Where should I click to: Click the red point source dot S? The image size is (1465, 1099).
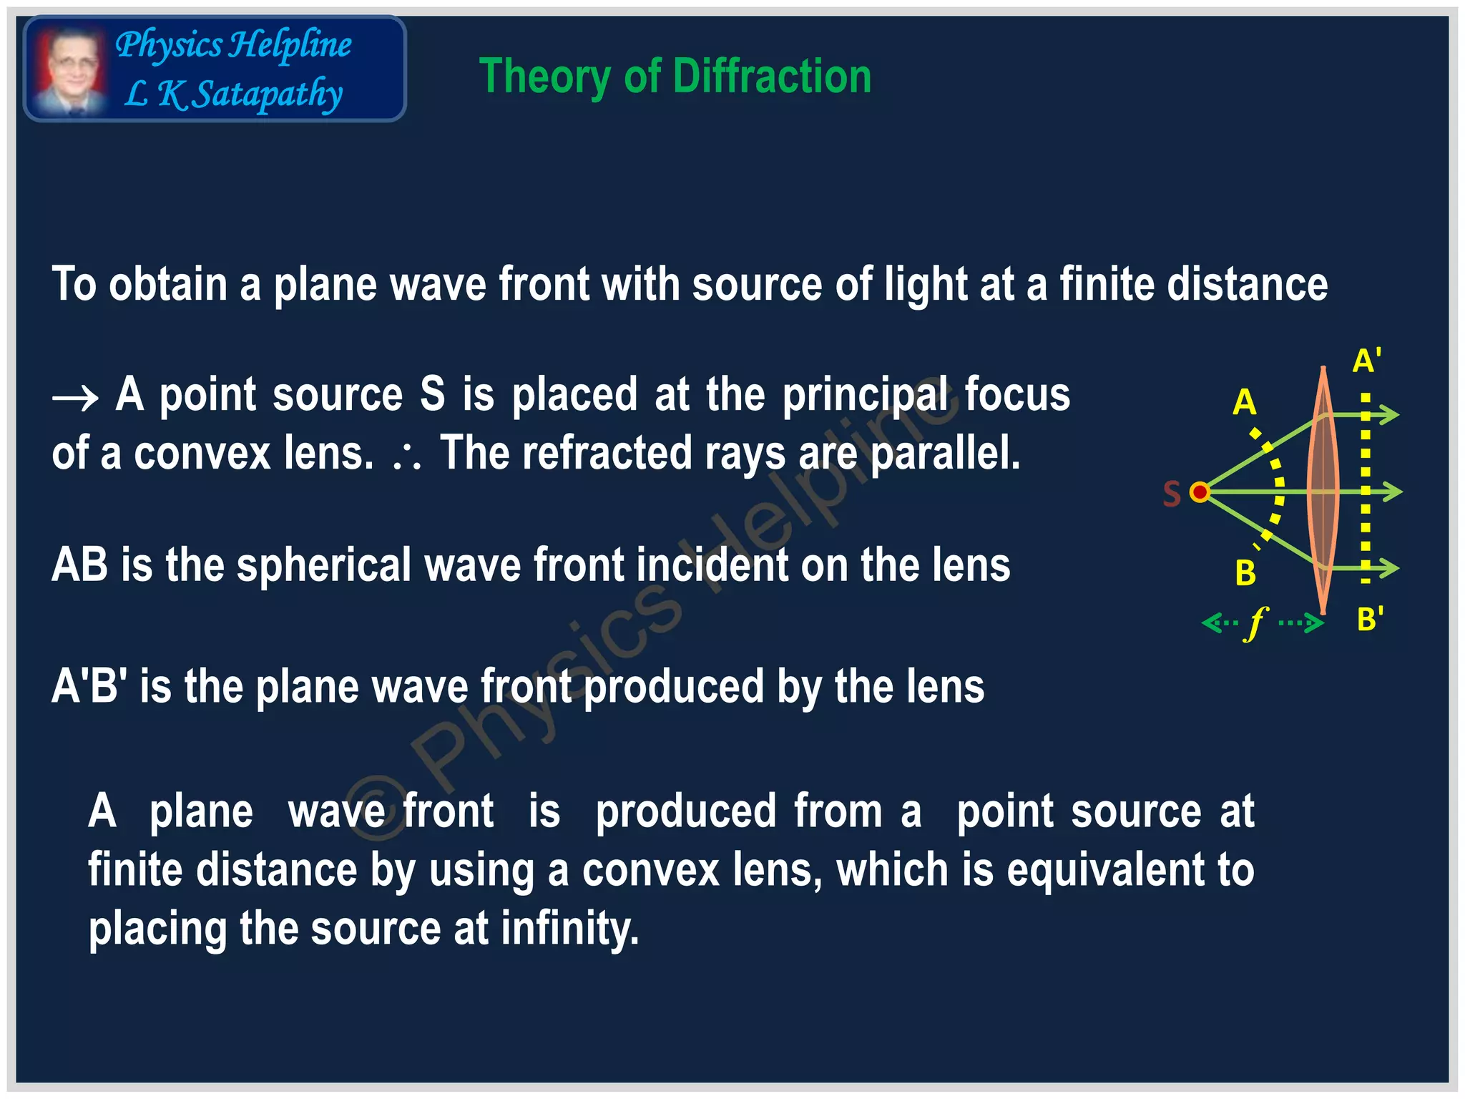(1200, 492)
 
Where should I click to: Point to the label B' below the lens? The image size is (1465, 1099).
(1370, 619)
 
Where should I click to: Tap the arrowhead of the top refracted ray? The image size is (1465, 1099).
(1389, 414)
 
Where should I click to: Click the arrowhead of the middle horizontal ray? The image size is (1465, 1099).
(1393, 492)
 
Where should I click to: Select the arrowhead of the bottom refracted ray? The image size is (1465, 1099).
(1389, 568)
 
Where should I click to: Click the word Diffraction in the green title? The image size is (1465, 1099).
(772, 77)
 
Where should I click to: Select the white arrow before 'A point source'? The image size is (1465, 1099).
(75, 398)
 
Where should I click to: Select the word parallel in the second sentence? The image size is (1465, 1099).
(944, 454)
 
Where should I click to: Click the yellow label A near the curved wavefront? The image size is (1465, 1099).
(1244, 403)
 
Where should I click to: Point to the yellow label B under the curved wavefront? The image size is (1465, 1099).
(1245, 573)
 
